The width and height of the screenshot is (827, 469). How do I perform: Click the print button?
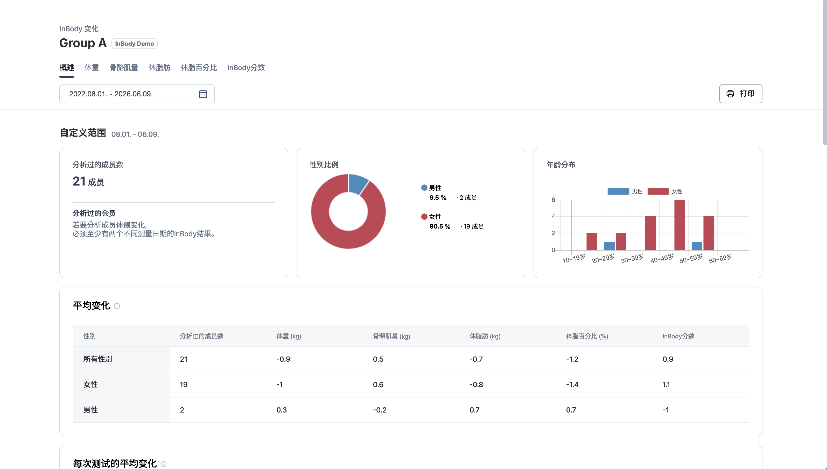click(x=740, y=94)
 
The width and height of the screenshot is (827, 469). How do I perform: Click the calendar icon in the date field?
click(x=203, y=94)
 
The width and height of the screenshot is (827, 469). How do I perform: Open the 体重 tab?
click(x=92, y=68)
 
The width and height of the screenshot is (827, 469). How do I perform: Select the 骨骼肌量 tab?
click(x=124, y=68)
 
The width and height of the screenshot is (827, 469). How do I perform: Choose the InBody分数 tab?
click(x=246, y=68)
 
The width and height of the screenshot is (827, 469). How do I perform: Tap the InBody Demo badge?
click(x=134, y=44)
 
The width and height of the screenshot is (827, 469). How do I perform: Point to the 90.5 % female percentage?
click(x=440, y=226)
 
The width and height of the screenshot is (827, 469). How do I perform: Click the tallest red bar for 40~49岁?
click(x=679, y=225)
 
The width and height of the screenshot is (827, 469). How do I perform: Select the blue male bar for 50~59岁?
click(x=697, y=246)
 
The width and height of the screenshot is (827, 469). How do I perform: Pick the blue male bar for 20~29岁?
click(x=609, y=246)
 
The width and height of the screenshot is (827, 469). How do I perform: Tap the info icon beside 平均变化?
click(x=117, y=306)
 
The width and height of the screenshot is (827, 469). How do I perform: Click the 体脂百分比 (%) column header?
click(x=587, y=336)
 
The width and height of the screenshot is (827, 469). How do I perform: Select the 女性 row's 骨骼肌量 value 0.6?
click(x=378, y=384)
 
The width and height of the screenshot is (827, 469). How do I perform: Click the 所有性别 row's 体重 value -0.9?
click(x=283, y=359)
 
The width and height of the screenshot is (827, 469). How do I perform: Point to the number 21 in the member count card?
click(x=79, y=181)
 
